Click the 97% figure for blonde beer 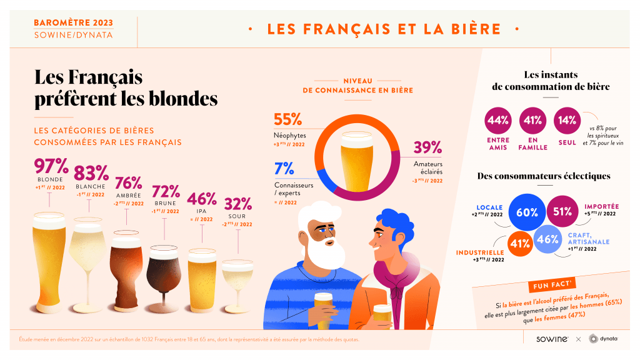point(51,166)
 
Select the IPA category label point(202,211)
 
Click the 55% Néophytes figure point(288,119)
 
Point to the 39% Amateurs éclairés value point(427,148)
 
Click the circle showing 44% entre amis point(498,121)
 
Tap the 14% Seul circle point(567,121)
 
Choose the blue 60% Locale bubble point(527,212)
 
